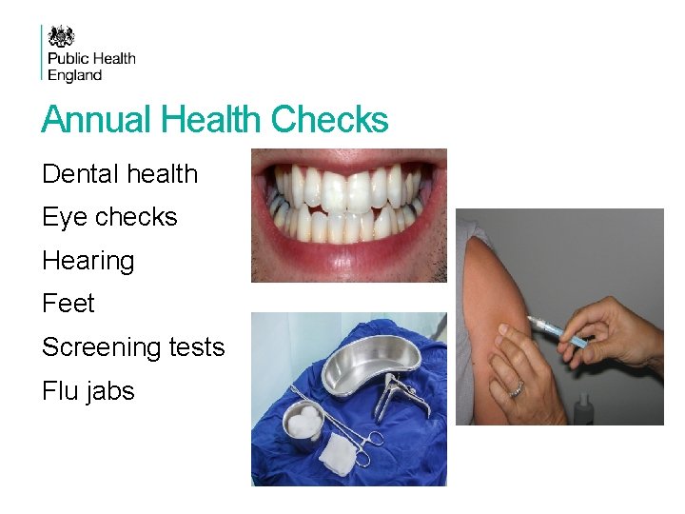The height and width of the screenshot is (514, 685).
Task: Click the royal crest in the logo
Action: point(61,36)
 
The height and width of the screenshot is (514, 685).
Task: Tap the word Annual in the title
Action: point(97,121)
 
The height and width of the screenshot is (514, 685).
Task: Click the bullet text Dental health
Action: point(120,174)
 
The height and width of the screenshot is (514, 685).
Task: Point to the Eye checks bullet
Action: point(109,217)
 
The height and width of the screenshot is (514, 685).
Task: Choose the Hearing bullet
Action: point(88,261)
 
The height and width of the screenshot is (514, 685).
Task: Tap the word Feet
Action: point(68,304)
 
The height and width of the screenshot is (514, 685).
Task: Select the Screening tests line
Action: point(133,347)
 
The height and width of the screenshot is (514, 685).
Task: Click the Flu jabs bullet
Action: point(88,391)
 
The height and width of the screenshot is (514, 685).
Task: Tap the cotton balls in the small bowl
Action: point(305,418)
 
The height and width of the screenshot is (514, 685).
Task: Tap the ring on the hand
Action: point(517,388)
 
